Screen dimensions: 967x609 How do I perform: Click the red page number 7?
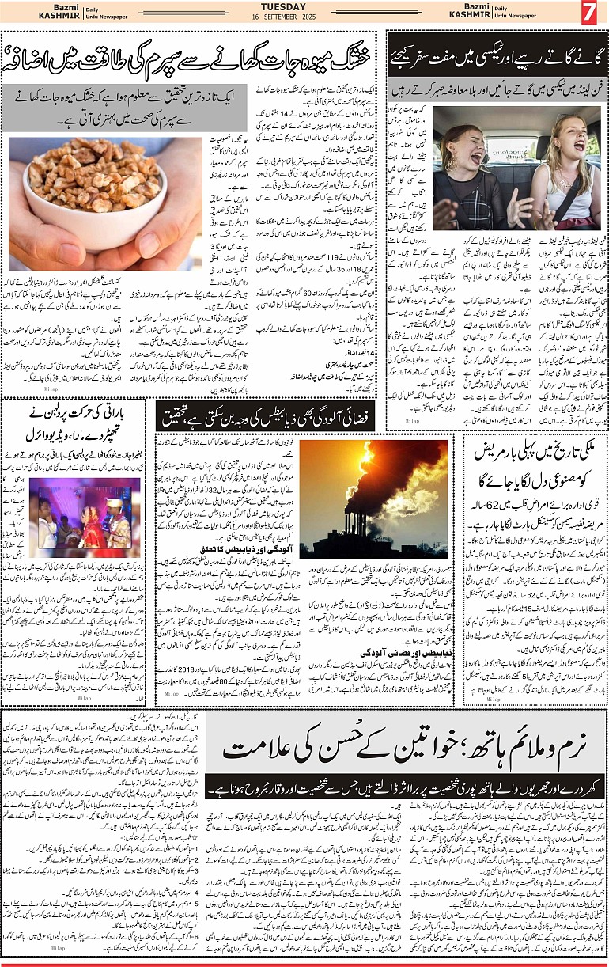coord(588,13)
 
